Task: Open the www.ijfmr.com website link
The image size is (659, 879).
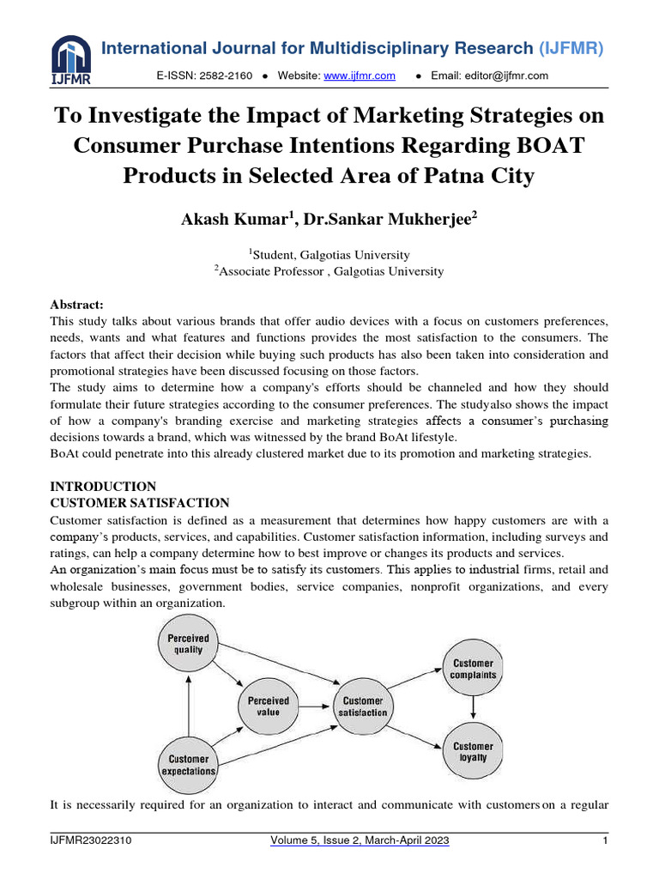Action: tap(360, 76)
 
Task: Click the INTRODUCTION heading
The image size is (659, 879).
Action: tap(103, 487)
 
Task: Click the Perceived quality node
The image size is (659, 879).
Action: tap(187, 644)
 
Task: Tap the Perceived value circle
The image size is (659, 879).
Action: tap(269, 706)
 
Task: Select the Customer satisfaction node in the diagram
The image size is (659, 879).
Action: tap(363, 706)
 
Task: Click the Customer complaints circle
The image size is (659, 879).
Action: tap(473, 669)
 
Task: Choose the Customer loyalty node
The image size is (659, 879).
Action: tap(473, 752)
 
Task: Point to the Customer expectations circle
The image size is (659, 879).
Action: tap(188, 764)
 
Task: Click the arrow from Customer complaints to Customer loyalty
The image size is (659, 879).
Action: tap(473, 708)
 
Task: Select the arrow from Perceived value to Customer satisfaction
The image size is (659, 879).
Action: tap(316, 706)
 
